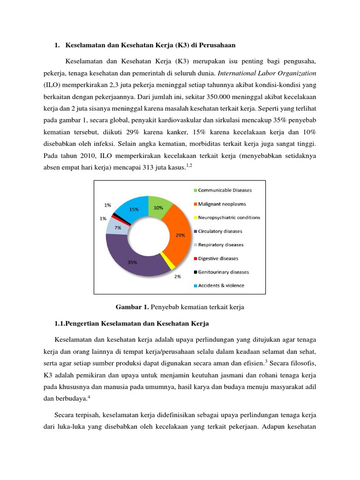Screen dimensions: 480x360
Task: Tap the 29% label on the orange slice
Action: pos(180,236)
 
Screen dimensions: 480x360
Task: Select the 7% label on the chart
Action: pos(111,227)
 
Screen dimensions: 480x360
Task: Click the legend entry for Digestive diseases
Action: pos(218,258)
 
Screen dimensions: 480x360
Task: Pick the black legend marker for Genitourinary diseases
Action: pos(195,272)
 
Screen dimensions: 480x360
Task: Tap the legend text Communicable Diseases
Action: pos(225,190)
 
